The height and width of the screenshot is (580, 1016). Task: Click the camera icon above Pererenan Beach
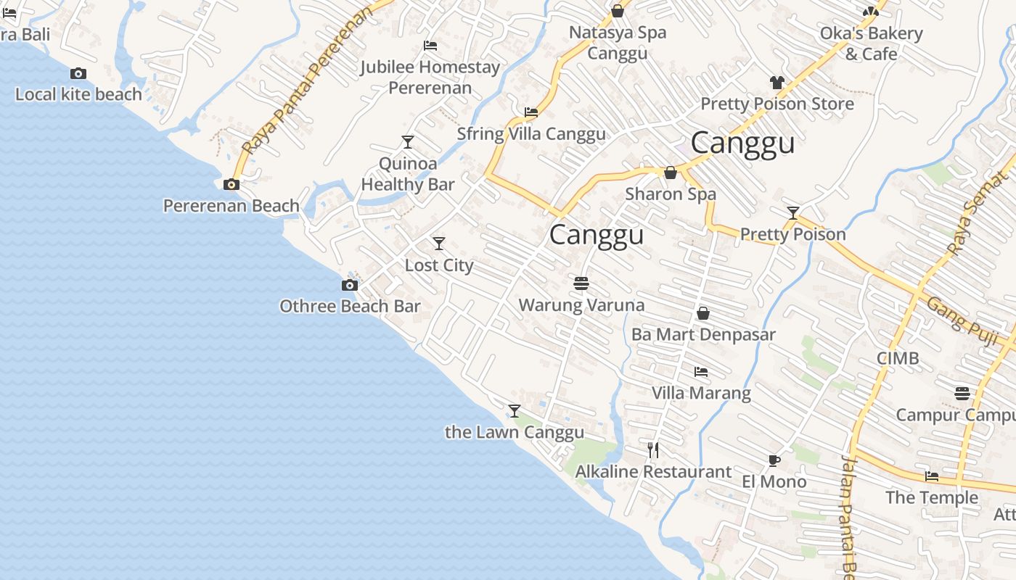tap(232, 185)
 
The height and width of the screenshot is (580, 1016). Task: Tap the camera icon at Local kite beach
tap(78, 73)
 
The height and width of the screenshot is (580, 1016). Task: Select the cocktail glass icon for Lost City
tap(439, 244)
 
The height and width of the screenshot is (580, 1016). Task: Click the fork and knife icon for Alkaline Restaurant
tap(653, 450)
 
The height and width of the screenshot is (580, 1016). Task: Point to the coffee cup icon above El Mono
tap(774, 460)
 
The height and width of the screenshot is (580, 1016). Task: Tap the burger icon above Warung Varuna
tap(581, 283)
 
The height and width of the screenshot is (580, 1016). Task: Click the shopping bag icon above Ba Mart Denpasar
tap(702, 313)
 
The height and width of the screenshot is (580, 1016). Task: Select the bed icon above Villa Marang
tap(701, 372)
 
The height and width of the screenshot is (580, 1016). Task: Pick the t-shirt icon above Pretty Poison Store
tap(777, 83)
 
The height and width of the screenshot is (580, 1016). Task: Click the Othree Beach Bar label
tap(350, 306)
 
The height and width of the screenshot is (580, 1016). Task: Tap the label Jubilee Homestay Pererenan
tap(430, 78)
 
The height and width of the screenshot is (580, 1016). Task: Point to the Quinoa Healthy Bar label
tap(408, 174)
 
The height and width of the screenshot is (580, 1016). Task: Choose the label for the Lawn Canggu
tap(515, 433)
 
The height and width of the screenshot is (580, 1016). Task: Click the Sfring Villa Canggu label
tap(531, 134)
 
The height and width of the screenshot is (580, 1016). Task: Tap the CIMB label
tap(898, 358)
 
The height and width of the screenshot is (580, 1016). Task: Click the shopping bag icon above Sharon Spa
tap(671, 173)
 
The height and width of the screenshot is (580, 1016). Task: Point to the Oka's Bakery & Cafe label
tap(871, 43)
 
